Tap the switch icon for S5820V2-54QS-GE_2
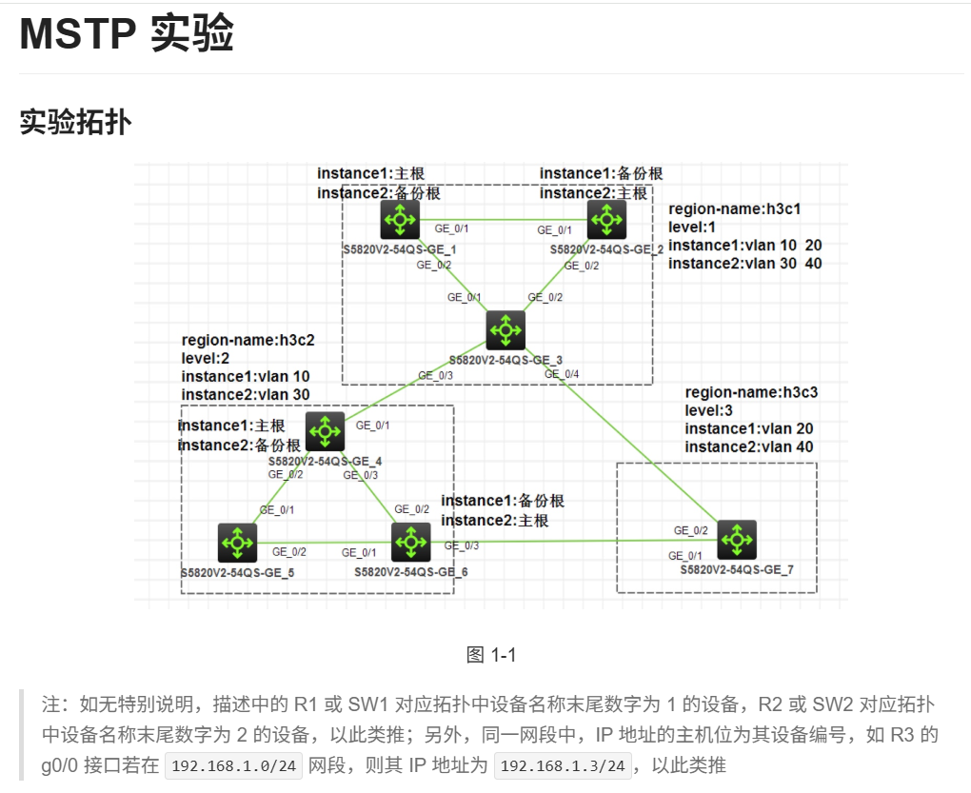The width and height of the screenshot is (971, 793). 605,220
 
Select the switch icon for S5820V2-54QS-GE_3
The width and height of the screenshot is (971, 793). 505,329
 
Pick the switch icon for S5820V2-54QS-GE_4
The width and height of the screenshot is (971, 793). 326,431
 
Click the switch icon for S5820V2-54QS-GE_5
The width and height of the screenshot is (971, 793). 235,542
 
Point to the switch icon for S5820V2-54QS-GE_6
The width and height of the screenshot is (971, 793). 410,542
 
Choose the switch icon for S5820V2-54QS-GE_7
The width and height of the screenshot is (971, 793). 736,539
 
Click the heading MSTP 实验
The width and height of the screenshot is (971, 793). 127,35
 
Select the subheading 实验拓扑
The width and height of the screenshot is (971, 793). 75,122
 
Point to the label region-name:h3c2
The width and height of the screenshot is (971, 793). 248,340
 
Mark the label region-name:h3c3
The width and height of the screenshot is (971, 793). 751,392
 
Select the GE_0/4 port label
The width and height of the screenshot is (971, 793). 562,374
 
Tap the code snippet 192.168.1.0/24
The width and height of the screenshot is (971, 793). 232,765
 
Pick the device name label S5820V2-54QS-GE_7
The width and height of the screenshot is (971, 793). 736,568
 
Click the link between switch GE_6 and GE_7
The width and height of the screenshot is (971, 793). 571,541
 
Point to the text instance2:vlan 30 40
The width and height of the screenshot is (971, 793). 745,263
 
